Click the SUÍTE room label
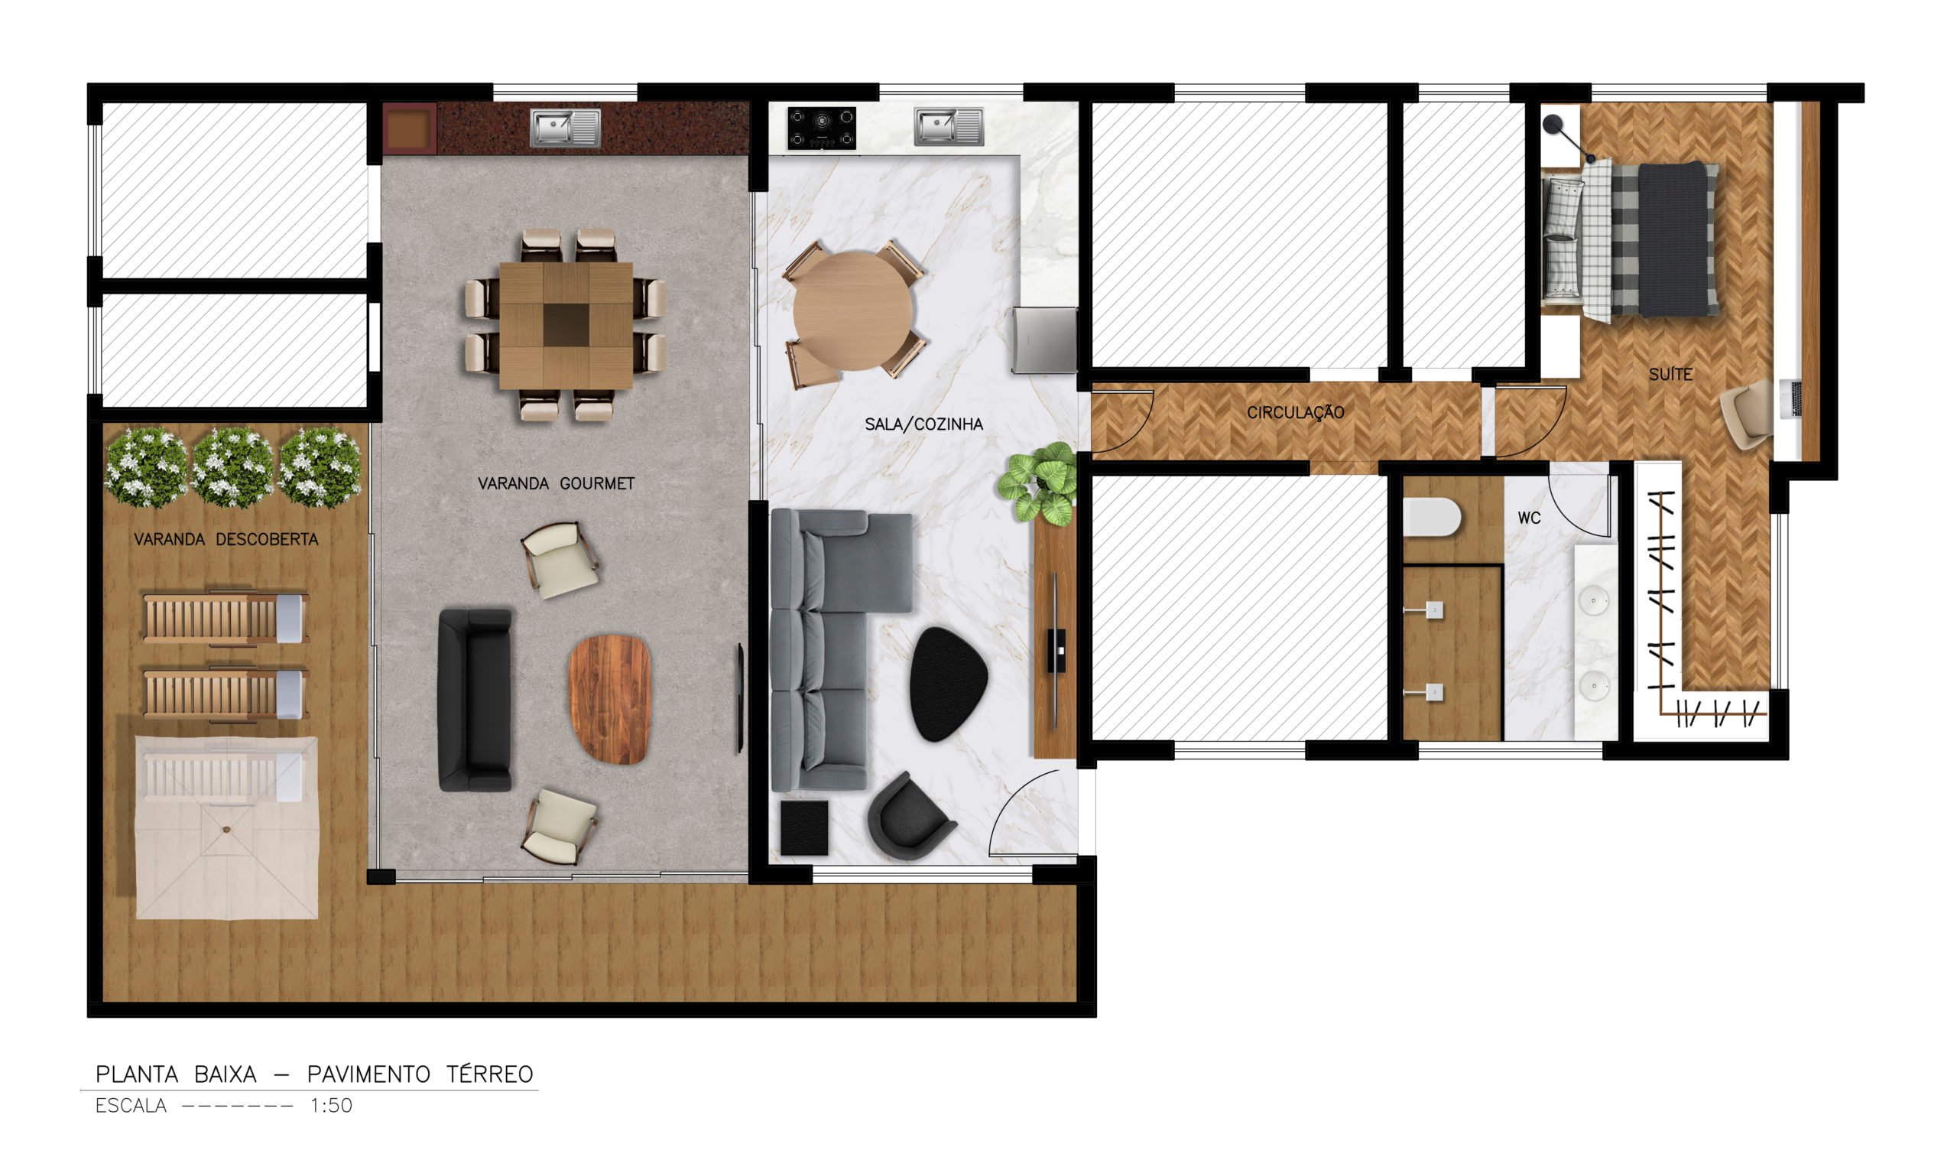point(1670,374)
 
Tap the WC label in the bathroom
point(1529,518)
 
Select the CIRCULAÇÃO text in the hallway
point(1295,412)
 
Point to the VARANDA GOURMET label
point(556,483)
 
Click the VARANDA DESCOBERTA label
point(226,540)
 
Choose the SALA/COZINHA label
point(923,424)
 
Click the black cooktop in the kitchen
point(822,128)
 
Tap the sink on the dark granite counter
point(565,127)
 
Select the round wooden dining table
point(852,310)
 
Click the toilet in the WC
point(1431,517)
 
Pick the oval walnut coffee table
point(609,699)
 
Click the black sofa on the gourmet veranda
point(474,700)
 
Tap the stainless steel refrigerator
point(1044,341)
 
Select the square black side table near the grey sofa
point(804,827)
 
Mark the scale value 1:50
point(331,1106)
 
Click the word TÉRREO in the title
point(489,1074)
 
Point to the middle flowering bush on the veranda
point(232,466)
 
